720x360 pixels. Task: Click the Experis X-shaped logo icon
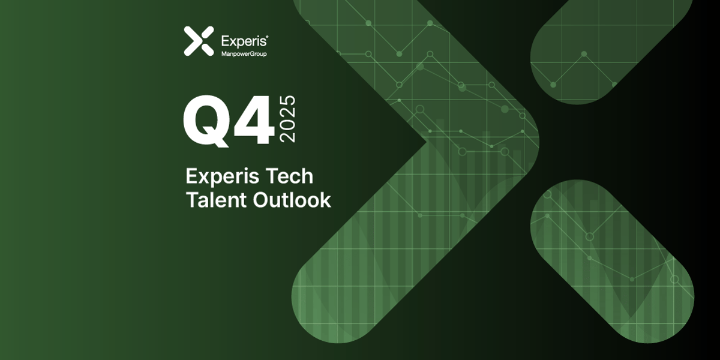pos(199,41)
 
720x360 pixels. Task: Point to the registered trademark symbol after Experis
pos(266,37)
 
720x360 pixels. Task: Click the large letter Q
pos(206,124)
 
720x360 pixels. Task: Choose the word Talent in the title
pos(211,200)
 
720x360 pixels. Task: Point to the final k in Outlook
pos(325,200)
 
